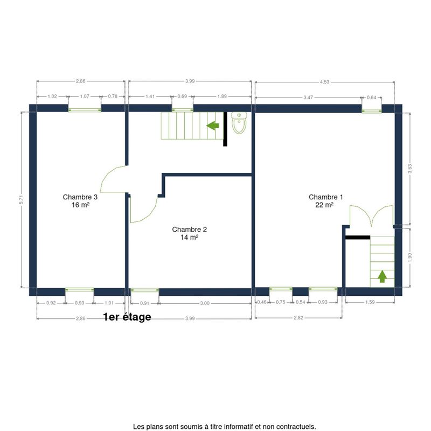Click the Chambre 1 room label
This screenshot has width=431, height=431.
[325, 201]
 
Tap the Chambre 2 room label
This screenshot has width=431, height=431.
[190, 233]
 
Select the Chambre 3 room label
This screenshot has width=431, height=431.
[80, 201]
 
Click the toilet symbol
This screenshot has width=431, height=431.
[239, 123]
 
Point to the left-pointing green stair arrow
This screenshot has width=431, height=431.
[213, 126]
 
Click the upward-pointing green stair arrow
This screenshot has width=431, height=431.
[382, 276]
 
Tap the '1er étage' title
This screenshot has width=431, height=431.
[127, 317]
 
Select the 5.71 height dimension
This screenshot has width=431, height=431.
[21, 200]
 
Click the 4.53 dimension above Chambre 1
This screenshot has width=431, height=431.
[325, 82]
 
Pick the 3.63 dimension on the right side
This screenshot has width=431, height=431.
[410, 169]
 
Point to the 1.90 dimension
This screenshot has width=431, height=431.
[410, 258]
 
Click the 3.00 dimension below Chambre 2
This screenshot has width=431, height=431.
[205, 303]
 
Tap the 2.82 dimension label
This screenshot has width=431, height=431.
[298, 318]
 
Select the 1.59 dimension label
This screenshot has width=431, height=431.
[370, 302]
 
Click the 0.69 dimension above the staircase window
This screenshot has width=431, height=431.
[182, 96]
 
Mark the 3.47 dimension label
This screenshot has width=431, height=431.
[308, 98]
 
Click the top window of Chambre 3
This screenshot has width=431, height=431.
[85, 110]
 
